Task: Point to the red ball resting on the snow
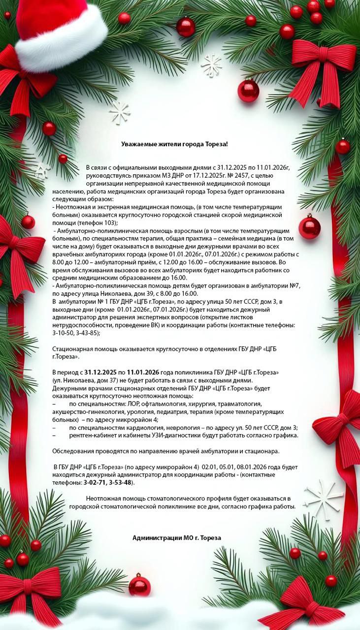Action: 139,585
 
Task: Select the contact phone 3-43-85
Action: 88,333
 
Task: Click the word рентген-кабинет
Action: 93,436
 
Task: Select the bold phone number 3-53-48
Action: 120,483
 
